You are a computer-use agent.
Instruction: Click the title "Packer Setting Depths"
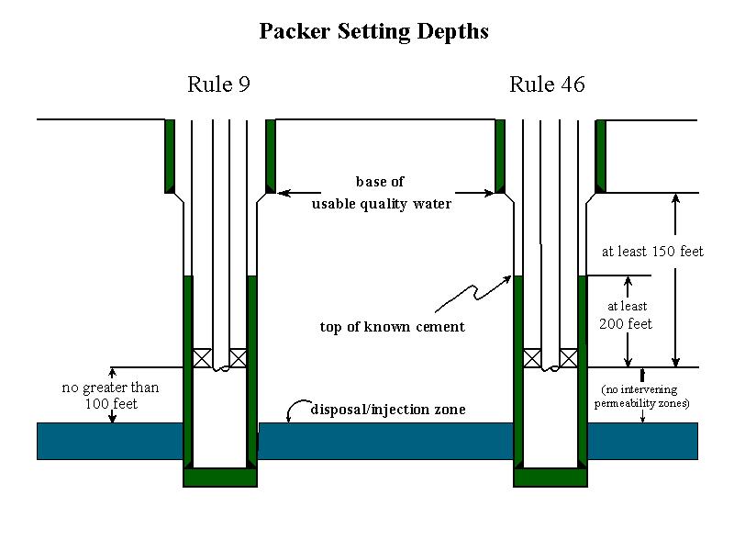pyautogui.click(x=373, y=31)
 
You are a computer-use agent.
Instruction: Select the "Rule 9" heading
pyautogui.click(x=218, y=85)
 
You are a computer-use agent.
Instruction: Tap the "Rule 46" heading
pyautogui.click(x=547, y=85)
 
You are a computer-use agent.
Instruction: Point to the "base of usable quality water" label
pyautogui.click(x=381, y=193)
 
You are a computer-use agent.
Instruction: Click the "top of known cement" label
pyautogui.click(x=392, y=327)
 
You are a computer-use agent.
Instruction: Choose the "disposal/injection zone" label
pyautogui.click(x=388, y=410)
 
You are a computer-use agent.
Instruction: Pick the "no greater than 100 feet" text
pyautogui.click(x=110, y=395)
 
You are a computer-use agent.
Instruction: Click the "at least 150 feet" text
pyautogui.click(x=652, y=251)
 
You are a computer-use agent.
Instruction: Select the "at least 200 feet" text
pyautogui.click(x=627, y=315)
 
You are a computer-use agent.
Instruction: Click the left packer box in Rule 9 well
pyautogui.click(x=202, y=358)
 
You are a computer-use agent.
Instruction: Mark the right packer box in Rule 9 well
pyautogui.click(x=239, y=358)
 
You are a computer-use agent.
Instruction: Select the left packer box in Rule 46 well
pyautogui.click(x=532, y=358)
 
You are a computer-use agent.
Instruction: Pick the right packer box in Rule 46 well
pyautogui.click(x=569, y=358)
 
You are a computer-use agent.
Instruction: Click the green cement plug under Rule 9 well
pyautogui.click(x=220, y=477)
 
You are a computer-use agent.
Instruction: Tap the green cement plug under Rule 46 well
pyautogui.click(x=550, y=477)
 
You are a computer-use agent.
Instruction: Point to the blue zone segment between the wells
pyautogui.click(x=385, y=441)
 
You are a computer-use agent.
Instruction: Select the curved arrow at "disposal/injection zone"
pyautogui.click(x=295, y=410)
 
